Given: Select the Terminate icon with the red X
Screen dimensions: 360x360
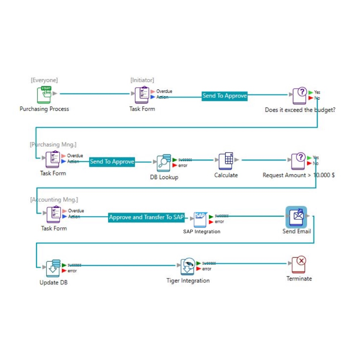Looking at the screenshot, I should tap(299, 265).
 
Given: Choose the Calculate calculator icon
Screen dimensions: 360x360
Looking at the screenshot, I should tap(226, 161).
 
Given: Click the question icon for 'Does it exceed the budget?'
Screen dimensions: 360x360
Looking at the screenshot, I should tap(300, 96).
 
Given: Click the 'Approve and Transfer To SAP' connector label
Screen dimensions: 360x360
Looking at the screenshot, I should tap(146, 217).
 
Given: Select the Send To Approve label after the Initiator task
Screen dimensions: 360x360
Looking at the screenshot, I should tap(225, 96).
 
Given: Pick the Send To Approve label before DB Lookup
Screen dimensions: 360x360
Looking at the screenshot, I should tap(112, 162).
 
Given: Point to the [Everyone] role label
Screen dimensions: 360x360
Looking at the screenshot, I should tap(44, 80).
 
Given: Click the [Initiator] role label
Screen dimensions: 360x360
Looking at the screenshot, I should tap(142, 80).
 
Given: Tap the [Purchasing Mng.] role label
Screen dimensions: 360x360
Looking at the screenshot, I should tap(53, 144).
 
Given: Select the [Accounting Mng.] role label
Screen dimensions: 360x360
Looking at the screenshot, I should tap(54, 199).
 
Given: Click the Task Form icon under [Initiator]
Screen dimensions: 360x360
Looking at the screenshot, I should tap(142, 95).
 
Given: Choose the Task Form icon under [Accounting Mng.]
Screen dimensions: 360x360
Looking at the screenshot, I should tap(53, 214).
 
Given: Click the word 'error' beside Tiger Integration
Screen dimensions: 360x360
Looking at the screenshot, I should tap(207, 269).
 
